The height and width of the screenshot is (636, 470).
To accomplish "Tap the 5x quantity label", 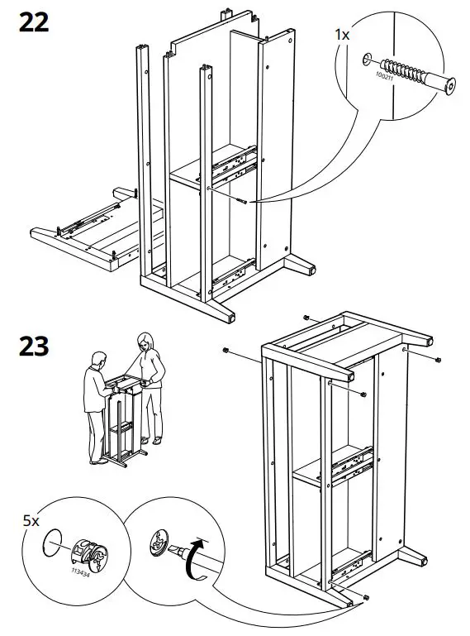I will (x=31, y=521).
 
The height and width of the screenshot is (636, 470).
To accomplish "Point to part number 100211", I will (x=384, y=77).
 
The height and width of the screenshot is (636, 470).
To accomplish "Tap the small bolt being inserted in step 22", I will (x=239, y=198).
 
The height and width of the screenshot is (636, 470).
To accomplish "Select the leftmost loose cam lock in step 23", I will (x=225, y=351).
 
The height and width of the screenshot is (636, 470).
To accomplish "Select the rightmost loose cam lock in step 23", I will (x=438, y=358).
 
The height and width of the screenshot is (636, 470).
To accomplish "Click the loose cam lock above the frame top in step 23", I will (x=306, y=318).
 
